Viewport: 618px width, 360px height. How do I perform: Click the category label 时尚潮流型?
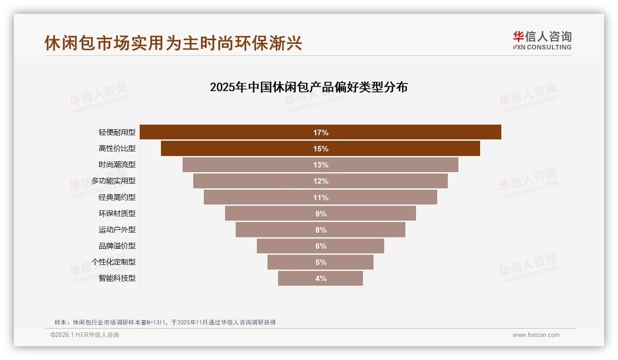point(117,165)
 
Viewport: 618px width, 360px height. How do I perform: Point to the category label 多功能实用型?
point(113,181)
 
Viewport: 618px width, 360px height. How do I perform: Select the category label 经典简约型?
point(117,198)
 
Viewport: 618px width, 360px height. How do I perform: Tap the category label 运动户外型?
point(117,230)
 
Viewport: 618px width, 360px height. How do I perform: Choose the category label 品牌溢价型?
point(117,246)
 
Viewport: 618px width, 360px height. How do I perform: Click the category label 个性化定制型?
point(113,262)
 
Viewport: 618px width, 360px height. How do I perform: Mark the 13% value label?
point(321,165)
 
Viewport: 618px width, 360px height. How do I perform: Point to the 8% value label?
point(321,230)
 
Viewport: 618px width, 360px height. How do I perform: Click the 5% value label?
point(321,262)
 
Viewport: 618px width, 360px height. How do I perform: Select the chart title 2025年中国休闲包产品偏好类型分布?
point(309,87)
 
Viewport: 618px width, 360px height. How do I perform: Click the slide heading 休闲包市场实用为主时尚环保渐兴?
point(173,43)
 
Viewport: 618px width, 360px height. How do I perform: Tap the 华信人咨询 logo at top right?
point(542,41)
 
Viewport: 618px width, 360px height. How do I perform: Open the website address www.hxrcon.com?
point(536,335)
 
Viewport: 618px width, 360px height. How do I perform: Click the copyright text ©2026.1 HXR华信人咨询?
point(85,335)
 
